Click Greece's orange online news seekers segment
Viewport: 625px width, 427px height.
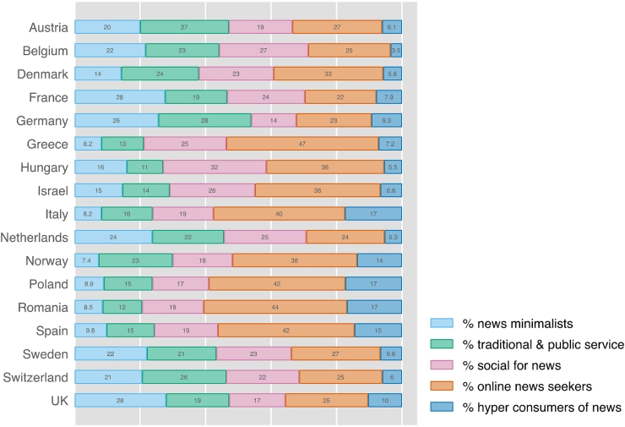click(302, 144)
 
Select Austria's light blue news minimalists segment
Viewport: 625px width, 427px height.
click(107, 27)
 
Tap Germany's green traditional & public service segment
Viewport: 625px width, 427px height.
click(204, 120)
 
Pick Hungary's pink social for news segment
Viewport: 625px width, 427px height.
click(215, 167)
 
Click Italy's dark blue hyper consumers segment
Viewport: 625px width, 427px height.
click(373, 213)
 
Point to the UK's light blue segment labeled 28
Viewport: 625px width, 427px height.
click(120, 400)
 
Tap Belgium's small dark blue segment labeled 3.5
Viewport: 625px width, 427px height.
click(396, 51)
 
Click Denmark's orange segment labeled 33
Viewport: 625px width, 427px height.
click(328, 74)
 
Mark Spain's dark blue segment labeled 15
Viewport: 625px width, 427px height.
click(378, 330)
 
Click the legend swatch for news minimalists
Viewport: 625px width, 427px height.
click(443, 322)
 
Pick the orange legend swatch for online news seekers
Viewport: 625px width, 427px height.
click(443, 386)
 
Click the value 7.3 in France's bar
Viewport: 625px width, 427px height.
click(389, 97)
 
